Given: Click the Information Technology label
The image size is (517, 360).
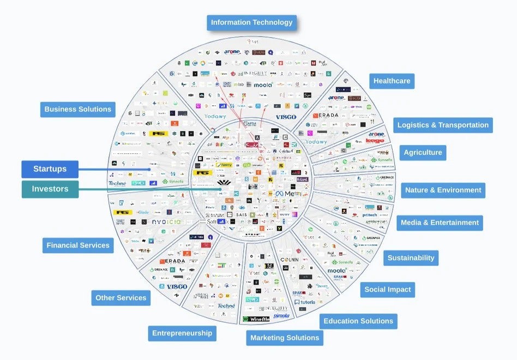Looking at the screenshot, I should coord(251,23).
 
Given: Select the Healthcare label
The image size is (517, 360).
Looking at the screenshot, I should coord(392,81).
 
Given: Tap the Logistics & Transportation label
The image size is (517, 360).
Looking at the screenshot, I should coord(443,125).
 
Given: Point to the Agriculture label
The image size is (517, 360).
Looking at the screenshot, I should coord(423,153).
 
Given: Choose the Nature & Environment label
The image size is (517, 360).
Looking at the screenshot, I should coord(443,190).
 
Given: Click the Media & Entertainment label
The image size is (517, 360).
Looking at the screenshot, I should coord(440,223).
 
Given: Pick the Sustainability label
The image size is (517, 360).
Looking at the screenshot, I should coord(411,258).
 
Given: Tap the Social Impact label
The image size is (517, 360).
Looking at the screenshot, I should coord(387,290).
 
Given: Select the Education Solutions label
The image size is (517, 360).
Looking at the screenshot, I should coord(358,321).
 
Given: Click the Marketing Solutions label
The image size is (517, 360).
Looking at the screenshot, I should coord(285,338).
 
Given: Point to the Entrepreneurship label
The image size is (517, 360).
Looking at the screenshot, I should coord(182,333).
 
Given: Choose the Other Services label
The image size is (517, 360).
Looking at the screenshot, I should coord(121,298).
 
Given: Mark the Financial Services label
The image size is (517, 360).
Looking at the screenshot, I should coord(78,245).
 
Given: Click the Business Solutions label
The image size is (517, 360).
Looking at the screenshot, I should coord(77,109).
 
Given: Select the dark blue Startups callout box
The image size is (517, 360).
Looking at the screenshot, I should coord(50,169).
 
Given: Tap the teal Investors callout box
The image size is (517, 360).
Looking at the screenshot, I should coord(50,189).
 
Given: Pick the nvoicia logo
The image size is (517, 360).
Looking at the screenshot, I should coord(166,222).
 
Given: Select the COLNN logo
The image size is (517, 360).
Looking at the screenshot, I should coord(289,260).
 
